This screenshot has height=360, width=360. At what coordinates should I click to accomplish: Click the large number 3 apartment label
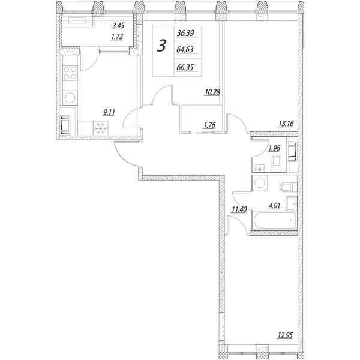point(161,46)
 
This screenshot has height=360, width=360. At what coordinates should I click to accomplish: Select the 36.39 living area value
point(185,33)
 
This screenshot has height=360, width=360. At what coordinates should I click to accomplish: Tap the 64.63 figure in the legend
point(185,50)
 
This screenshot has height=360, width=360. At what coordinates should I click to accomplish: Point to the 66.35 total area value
point(185,67)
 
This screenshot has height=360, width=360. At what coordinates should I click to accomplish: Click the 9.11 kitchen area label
point(109,112)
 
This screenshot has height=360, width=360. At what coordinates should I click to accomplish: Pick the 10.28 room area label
point(212,92)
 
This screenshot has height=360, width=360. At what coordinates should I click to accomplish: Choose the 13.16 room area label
point(286,124)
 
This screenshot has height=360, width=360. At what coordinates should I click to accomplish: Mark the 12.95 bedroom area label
point(285,335)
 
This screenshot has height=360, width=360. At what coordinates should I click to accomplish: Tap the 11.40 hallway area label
point(239,209)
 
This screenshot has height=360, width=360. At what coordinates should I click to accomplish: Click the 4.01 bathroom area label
point(274,206)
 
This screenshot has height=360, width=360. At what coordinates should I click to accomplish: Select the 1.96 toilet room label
point(274,148)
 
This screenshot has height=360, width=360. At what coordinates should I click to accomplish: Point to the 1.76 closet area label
point(209,125)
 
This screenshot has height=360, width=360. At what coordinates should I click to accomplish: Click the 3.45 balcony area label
point(118,26)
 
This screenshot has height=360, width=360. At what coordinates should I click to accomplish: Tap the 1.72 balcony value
point(117,37)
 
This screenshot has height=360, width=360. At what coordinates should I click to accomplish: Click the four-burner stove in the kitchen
point(70,73)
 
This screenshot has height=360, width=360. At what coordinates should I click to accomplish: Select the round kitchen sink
point(70,98)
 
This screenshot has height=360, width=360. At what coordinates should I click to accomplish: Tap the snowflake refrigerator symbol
point(101,128)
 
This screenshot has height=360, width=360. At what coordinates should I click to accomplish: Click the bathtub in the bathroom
point(274,221)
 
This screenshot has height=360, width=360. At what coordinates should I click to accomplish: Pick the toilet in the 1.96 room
point(277,164)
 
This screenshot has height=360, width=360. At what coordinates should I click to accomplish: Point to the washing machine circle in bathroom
point(260,183)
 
